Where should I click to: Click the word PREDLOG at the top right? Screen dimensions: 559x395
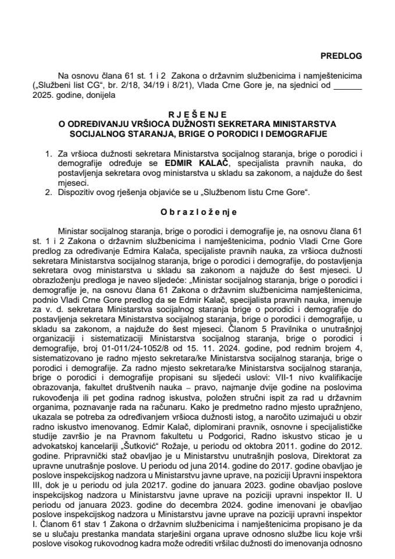tap(341, 56)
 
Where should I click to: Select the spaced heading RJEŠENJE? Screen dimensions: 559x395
tap(197, 115)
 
